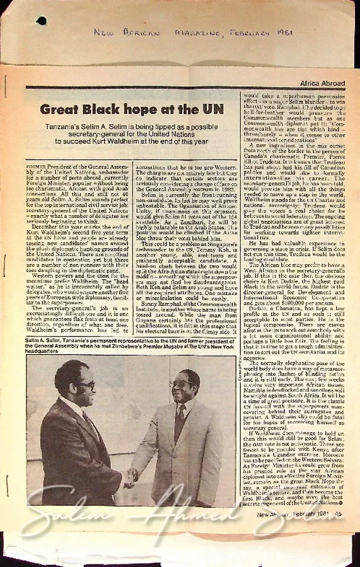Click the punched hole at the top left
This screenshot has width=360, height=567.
tap(41, 21)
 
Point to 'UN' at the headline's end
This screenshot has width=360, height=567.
tap(213, 109)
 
